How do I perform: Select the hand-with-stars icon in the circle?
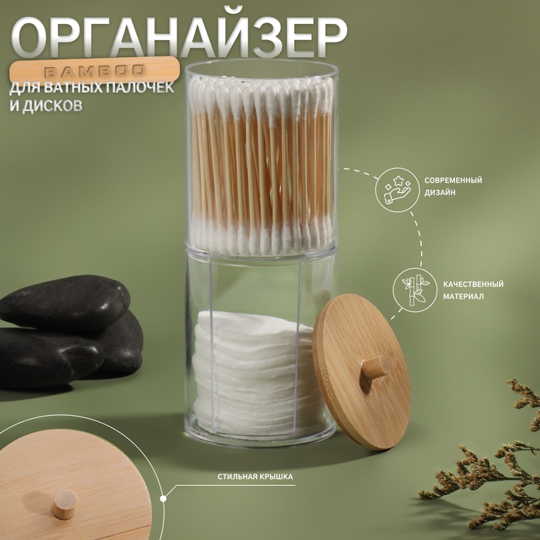(x=393, y=192)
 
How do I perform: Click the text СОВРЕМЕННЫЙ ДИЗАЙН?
(x=453, y=186)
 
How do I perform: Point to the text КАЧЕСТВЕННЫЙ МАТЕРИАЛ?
(x=473, y=290)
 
